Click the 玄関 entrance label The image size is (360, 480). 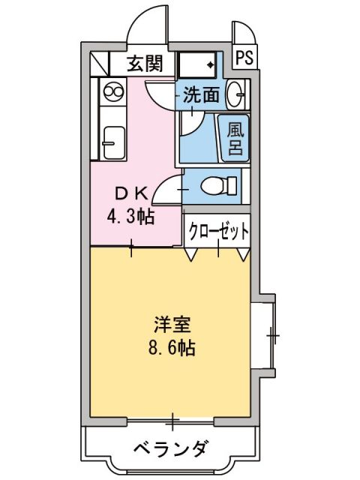pos(143,64)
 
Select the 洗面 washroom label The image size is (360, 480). pos(202,95)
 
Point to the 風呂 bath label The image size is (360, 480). pos(235,136)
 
